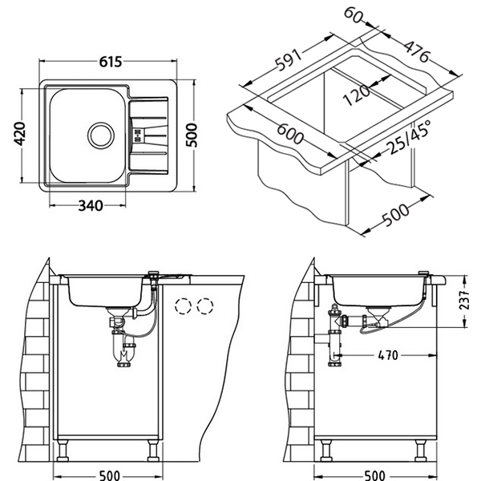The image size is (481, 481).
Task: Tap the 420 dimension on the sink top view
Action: click(22, 131)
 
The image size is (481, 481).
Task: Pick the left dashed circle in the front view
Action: click(184, 306)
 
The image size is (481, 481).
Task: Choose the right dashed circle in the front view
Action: click(206, 306)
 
